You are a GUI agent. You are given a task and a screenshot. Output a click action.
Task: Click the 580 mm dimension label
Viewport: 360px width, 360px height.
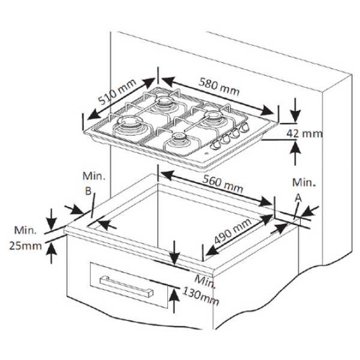click(220, 88)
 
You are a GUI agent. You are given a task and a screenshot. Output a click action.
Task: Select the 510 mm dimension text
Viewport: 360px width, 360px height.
click(117, 93)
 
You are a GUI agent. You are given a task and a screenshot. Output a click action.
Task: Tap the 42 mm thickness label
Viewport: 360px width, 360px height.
click(304, 134)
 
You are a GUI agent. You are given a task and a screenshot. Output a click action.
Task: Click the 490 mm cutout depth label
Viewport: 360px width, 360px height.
click(232, 232)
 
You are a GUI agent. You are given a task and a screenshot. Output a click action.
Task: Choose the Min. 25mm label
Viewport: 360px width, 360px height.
click(25, 238)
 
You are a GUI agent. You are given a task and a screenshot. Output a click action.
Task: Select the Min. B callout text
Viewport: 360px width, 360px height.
click(94, 184)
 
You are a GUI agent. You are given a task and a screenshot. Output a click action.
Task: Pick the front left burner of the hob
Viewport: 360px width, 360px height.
click(130, 127)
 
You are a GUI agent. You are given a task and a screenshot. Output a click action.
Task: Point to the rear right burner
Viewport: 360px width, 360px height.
click(212, 116)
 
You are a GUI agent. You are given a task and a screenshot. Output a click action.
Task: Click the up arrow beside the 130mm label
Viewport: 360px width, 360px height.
click(173, 298)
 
